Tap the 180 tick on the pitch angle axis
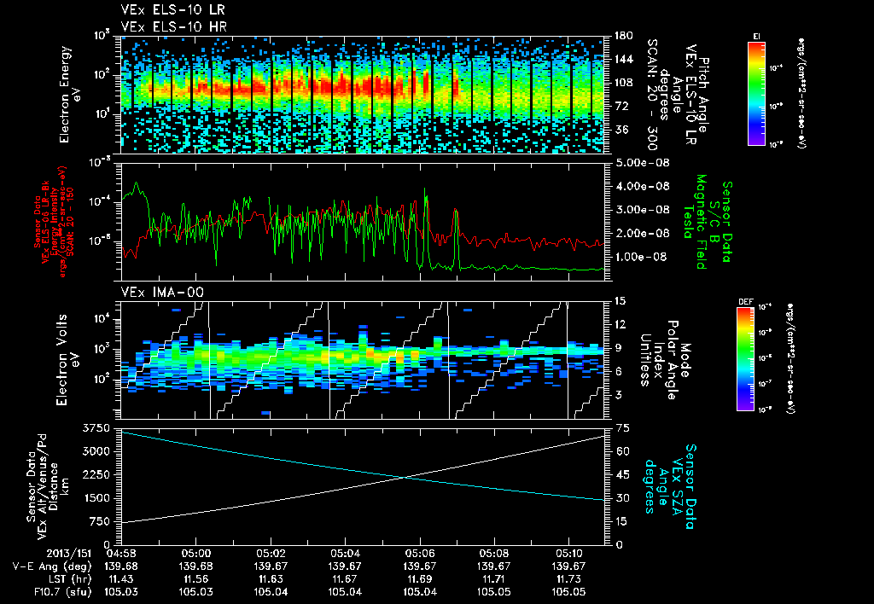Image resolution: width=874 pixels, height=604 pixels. tap(622, 36)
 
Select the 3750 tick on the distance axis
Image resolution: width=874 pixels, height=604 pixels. tap(98, 427)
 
